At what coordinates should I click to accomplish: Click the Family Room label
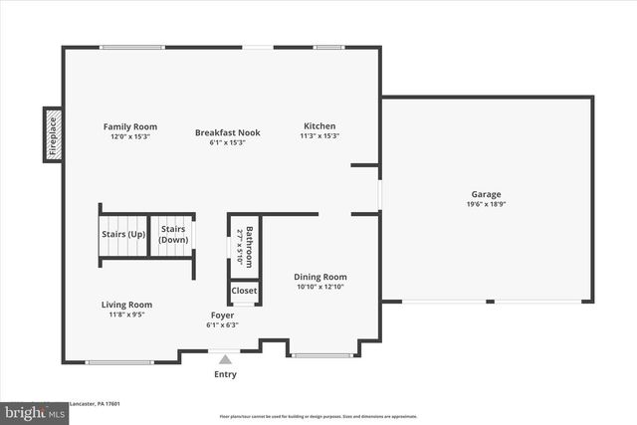pos(130,127)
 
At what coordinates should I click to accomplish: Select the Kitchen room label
pos(320,126)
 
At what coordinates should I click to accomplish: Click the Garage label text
pos(486,194)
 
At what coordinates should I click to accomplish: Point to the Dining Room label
pos(320,277)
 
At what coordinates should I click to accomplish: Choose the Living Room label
pos(126,305)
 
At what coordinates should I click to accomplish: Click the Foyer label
pos(221,315)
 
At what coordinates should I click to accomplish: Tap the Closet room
pos(244,291)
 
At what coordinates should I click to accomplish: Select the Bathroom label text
pos(250,246)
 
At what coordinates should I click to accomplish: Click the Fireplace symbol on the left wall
pos(53,134)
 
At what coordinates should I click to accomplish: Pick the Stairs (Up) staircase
pos(123,236)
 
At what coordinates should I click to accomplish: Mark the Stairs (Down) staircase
pos(173,235)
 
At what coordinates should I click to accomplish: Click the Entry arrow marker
pos(226,360)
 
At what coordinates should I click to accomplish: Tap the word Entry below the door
pos(226,375)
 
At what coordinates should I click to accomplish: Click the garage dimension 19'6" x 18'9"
pos(486,204)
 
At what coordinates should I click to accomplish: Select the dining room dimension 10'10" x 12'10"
pos(320,287)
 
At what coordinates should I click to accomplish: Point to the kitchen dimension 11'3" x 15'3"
pos(320,136)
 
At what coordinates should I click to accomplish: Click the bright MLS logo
pos(33,410)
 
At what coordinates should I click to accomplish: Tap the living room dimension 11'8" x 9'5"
pos(126,315)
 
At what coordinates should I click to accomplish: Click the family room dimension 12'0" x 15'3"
pos(130,137)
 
